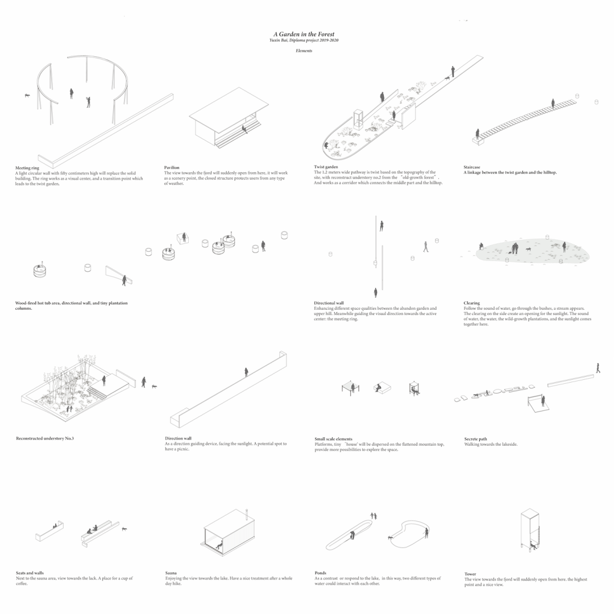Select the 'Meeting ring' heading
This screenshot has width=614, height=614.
[x=27, y=168]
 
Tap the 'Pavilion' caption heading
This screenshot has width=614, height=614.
[x=172, y=168]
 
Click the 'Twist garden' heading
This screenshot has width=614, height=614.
[x=326, y=167]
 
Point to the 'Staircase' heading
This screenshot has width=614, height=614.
[x=472, y=167]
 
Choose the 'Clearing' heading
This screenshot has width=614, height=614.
[x=471, y=303]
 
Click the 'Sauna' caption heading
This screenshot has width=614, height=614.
[x=171, y=573]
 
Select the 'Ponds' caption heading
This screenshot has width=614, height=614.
[x=320, y=573]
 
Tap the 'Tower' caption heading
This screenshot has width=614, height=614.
[x=470, y=574]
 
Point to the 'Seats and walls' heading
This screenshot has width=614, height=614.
[x=30, y=573]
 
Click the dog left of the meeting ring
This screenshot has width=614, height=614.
[x=27, y=96]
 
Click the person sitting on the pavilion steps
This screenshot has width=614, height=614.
[x=244, y=128]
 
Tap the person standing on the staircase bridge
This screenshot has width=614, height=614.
[x=552, y=103]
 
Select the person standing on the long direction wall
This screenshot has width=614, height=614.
[x=246, y=372]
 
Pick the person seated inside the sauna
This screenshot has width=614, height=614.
[x=219, y=545]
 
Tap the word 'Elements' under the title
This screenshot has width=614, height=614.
[x=304, y=51]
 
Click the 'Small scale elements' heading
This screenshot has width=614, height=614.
[x=333, y=439]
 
